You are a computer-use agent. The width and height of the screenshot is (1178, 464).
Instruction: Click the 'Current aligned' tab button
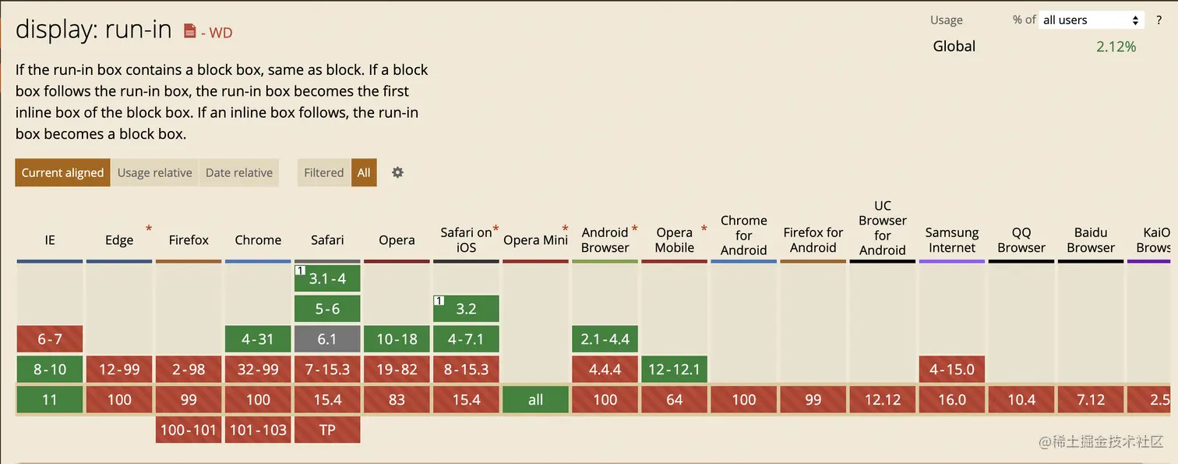62,172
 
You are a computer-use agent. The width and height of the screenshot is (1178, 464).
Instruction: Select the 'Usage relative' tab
154,172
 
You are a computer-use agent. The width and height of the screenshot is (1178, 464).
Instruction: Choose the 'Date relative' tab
239,172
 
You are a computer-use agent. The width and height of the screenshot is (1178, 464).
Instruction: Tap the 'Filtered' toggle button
324,172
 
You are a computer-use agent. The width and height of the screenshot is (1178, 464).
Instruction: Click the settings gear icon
397,172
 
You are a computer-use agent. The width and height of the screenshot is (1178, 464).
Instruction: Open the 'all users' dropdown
1092,20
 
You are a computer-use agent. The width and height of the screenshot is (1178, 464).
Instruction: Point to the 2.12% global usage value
1116,47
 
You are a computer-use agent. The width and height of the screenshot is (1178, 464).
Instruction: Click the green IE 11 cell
50,399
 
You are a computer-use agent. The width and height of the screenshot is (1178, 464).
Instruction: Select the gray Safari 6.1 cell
327,339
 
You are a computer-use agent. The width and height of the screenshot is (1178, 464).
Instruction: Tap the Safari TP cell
327,430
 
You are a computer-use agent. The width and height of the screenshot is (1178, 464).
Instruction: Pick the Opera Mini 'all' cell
535,399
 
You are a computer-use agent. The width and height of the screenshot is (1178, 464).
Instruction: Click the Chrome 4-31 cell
258,339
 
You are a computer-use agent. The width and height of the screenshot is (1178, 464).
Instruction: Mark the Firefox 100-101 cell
189,430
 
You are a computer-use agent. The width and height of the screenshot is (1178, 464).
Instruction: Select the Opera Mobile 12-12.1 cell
674,369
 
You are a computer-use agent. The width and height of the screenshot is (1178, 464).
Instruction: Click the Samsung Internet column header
951,240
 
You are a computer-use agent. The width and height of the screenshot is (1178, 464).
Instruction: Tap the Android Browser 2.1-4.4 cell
605,339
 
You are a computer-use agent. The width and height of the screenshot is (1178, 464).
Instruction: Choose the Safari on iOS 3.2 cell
466,309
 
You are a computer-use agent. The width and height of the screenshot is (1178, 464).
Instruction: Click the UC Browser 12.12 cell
882,399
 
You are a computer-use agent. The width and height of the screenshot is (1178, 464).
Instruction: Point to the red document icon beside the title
189,31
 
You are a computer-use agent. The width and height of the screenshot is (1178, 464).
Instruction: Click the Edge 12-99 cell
119,369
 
